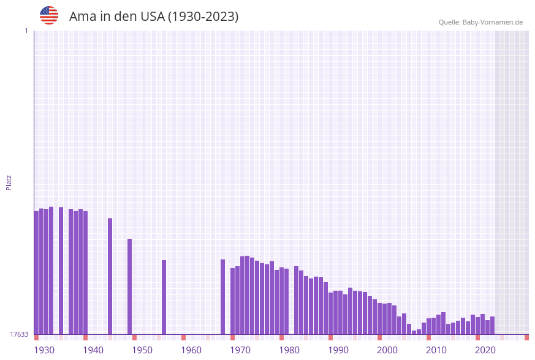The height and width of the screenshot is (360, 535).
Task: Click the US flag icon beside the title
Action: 49,15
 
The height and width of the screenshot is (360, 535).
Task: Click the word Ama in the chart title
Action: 80,17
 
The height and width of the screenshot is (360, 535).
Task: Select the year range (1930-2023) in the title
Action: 203,17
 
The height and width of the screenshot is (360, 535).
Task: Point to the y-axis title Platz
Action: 9,182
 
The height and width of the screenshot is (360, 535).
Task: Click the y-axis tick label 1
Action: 26,31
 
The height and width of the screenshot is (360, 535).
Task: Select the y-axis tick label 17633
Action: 18,334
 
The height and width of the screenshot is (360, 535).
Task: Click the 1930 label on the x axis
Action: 44,350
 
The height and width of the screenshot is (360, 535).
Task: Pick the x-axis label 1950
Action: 142,350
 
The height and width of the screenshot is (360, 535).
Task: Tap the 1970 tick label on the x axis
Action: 240,350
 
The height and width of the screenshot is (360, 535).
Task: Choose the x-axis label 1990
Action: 338,350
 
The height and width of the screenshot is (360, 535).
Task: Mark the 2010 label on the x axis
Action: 436,350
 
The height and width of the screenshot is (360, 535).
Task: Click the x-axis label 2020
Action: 485,350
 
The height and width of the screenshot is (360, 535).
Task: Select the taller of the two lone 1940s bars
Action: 110,276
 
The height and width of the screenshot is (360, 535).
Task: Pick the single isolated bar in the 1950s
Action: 164,297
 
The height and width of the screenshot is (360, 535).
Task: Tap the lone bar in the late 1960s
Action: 223,297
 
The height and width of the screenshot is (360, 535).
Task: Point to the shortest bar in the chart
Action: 414,332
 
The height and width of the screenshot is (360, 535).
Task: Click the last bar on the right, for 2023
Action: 493,325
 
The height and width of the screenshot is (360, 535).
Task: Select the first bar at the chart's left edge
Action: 37,272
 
